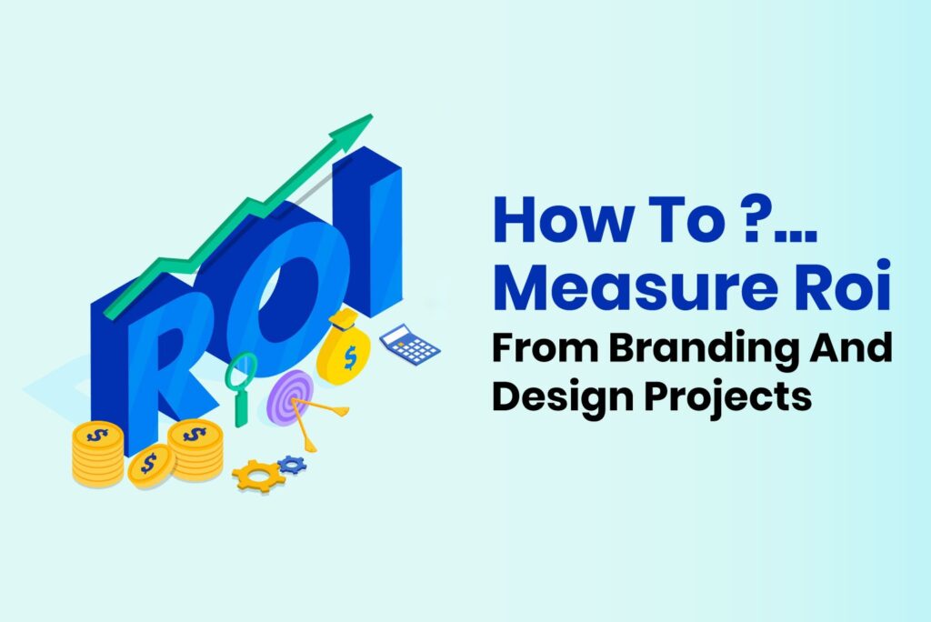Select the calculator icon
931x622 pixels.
[x=409, y=345]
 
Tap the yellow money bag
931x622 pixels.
[x=346, y=350]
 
